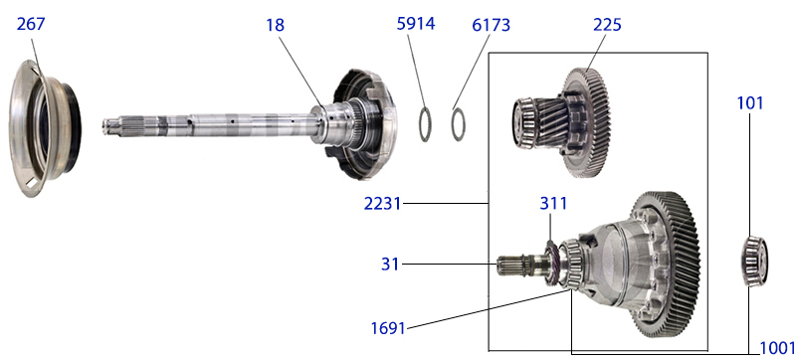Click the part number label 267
pyautogui.click(x=31, y=24)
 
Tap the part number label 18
pyautogui.click(x=276, y=25)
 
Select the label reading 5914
pyautogui.click(x=416, y=24)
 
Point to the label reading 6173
pyautogui.click(x=491, y=25)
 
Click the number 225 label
pyautogui.click(x=607, y=25)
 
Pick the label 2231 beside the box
pyautogui.click(x=382, y=204)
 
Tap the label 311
pyautogui.click(x=553, y=204)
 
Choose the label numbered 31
pyautogui.click(x=390, y=265)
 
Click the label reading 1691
pyautogui.click(x=388, y=328)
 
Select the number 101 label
pyautogui.click(x=750, y=103)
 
